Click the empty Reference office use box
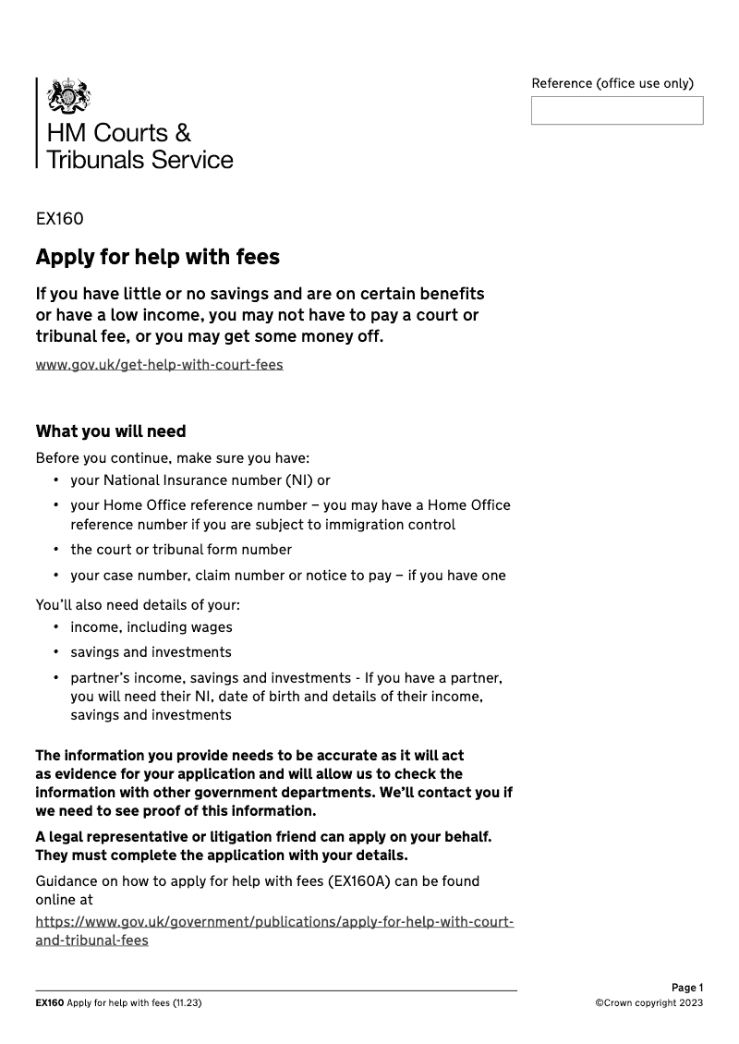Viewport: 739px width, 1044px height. [616, 111]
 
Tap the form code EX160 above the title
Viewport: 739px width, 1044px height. [59, 219]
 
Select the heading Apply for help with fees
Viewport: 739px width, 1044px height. [157, 256]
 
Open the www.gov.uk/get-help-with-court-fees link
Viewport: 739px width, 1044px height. [159, 364]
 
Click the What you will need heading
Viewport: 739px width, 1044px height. [110, 431]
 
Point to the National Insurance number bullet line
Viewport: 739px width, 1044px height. [200, 480]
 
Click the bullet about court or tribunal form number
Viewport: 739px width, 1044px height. [181, 550]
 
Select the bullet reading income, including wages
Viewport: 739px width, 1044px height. [151, 627]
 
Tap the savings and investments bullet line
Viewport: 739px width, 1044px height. [151, 652]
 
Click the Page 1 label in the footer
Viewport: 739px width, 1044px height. [686, 988]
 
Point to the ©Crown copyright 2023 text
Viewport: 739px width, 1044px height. [648, 1003]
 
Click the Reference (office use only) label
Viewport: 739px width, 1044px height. [612, 83]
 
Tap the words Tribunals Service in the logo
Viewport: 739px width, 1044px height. [139, 160]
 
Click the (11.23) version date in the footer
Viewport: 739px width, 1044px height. [187, 1003]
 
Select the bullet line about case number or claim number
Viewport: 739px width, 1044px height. [287, 576]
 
